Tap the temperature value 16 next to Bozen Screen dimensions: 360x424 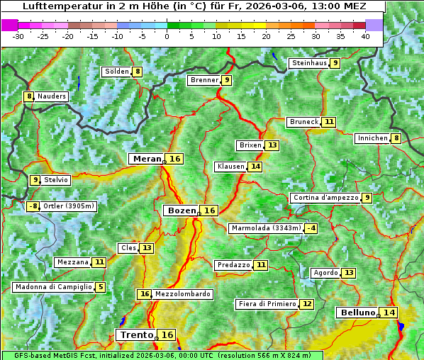click(x=209, y=210)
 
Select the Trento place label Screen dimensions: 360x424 click(x=136, y=334)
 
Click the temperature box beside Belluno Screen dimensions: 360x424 click(x=389, y=313)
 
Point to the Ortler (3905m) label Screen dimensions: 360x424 click(x=69, y=206)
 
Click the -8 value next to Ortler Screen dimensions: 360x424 click(x=33, y=206)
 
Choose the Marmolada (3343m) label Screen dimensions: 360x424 click(x=266, y=228)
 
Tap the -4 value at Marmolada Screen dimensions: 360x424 click(x=311, y=228)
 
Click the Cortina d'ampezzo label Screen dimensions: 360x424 click(x=325, y=198)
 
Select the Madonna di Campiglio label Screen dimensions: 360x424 click(x=53, y=287)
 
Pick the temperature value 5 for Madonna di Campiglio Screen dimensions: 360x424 click(x=101, y=287)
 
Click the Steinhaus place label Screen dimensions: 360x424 click(x=309, y=63)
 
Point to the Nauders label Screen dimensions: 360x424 click(x=52, y=96)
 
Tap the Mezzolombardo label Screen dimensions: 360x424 click(x=182, y=294)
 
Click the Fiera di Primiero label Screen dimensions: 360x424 click(x=267, y=304)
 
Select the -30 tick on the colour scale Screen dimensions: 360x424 click(x=18, y=35)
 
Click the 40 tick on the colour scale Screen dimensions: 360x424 click(x=365, y=35)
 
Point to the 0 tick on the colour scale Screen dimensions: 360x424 click(x=167, y=35)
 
